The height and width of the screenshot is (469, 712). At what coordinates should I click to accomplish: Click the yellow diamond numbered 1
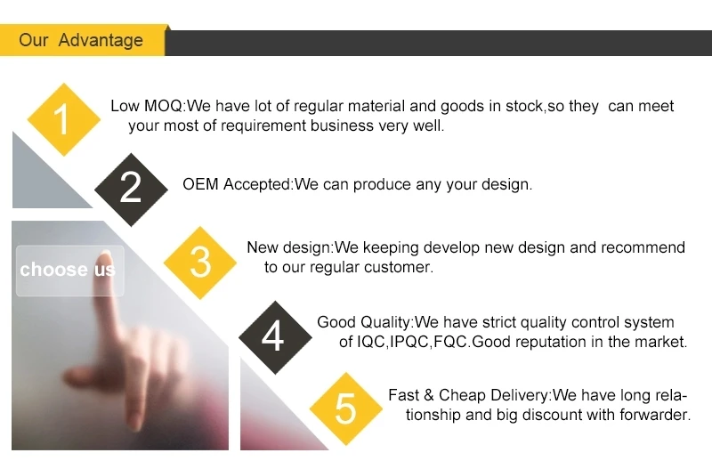click(63, 119)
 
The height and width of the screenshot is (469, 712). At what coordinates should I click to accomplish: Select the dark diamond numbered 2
click(131, 190)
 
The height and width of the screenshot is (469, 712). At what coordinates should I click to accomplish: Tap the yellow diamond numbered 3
click(199, 263)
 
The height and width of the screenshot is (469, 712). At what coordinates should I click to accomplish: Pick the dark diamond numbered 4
click(275, 337)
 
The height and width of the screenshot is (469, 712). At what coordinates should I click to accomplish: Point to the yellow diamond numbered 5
click(346, 408)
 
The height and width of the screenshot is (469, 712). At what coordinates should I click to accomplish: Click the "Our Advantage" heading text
click(81, 40)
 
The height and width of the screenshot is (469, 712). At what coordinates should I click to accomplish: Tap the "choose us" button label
click(68, 270)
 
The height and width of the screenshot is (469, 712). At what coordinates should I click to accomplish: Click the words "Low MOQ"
click(146, 106)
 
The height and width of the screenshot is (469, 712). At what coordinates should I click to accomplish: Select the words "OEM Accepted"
click(237, 184)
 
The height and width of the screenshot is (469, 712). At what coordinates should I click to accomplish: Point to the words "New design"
click(288, 248)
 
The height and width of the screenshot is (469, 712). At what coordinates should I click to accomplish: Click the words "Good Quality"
click(364, 322)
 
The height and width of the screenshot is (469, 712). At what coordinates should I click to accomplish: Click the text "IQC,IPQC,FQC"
click(412, 342)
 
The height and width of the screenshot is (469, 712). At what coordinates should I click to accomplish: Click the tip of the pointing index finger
click(105, 254)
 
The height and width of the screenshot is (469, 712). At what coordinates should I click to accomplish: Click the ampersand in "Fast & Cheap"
click(429, 395)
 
